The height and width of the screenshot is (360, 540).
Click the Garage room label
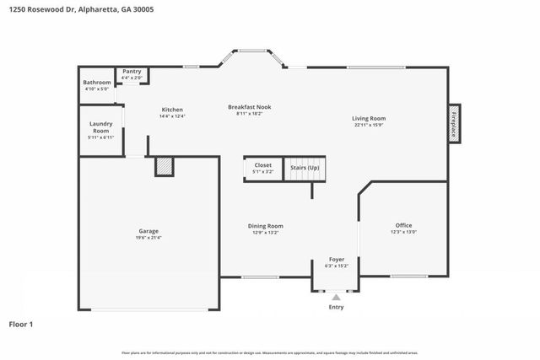148,231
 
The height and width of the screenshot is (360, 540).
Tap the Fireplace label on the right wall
453,124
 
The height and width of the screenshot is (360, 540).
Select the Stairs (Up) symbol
305,168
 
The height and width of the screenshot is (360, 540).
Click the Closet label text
262,165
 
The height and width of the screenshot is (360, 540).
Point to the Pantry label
132,72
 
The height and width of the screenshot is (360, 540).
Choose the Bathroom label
96,83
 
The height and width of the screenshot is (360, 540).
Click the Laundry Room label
100,127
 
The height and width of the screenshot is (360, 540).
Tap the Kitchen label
172,110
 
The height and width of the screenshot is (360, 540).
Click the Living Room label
369,118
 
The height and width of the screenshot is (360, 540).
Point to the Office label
403,225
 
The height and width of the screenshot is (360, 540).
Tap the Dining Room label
265,225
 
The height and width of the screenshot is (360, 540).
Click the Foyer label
336,259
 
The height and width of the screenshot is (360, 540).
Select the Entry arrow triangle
336,297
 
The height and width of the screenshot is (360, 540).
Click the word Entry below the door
336,307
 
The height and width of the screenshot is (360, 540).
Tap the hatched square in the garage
165,167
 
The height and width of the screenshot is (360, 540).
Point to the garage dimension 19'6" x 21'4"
148,238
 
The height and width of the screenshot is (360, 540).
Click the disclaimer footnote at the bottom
270,352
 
